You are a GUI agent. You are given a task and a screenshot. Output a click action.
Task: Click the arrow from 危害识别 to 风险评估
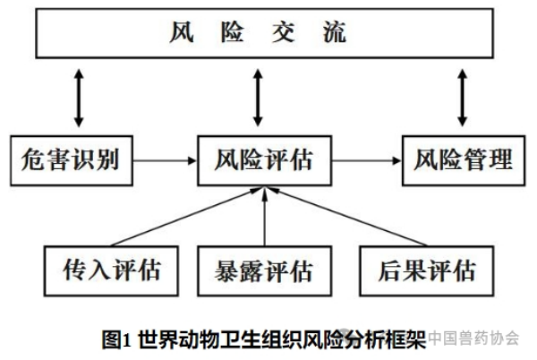(x=165, y=160)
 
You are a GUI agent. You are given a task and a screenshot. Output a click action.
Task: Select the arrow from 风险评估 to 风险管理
(x=367, y=160)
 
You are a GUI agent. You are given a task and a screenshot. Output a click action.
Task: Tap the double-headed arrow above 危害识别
(x=79, y=98)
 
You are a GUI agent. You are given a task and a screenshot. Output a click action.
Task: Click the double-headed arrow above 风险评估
(x=258, y=98)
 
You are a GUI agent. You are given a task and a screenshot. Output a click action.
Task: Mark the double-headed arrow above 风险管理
(x=463, y=98)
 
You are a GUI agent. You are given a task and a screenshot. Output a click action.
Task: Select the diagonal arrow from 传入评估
(x=187, y=217)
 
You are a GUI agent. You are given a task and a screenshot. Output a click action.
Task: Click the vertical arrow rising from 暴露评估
(x=264, y=217)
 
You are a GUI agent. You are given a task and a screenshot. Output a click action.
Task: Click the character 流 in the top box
(x=335, y=32)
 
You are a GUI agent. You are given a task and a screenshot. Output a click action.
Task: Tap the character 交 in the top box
(x=283, y=32)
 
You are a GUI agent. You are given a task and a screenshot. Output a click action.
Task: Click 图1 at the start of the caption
(x=116, y=339)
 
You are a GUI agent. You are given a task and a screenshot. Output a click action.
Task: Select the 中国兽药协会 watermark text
(x=473, y=339)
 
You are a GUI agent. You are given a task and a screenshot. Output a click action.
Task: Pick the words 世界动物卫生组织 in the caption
(x=221, y=339)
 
